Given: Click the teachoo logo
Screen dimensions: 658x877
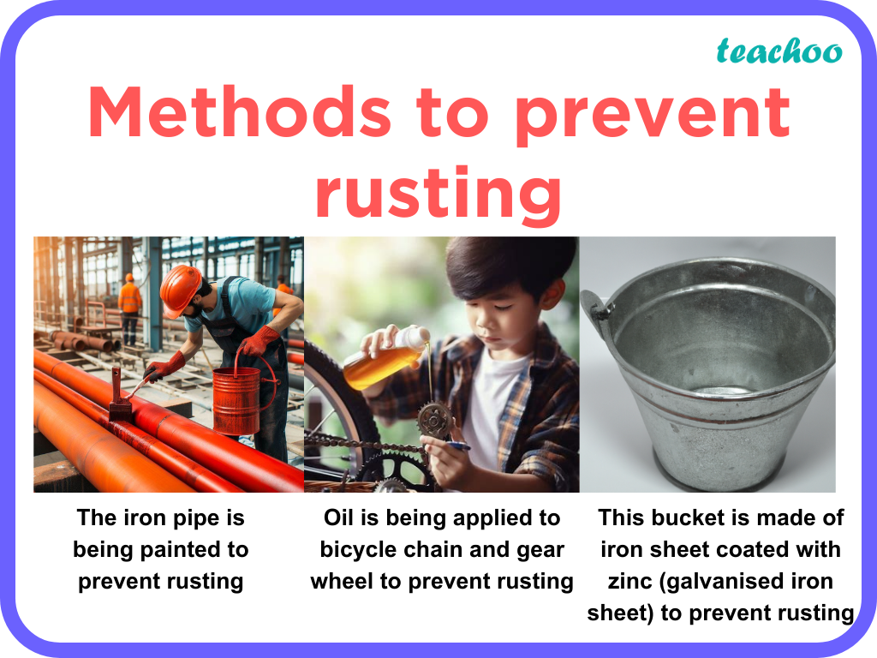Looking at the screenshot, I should tap(779, 51).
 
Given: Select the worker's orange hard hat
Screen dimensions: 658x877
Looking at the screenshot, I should tap(181, 288).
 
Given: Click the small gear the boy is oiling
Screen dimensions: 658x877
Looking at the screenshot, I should tap(435, 419).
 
